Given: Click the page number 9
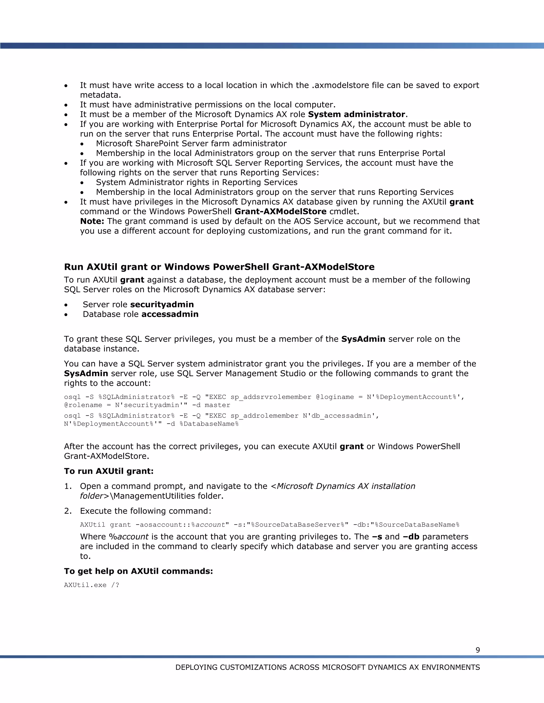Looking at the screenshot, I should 478,650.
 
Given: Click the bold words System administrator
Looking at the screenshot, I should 356,114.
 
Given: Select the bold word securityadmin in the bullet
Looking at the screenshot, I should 162,305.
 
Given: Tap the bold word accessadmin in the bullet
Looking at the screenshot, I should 170,314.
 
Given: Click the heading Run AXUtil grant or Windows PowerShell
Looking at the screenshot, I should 219,267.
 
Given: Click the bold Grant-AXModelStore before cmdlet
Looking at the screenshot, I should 280,211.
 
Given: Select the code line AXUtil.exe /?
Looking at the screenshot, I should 92,585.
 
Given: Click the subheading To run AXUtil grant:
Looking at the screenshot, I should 109,471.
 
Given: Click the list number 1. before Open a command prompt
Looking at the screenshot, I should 68,486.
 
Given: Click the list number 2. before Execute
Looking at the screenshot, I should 68,511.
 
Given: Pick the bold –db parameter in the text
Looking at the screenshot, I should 411,537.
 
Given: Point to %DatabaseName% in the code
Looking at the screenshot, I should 209,424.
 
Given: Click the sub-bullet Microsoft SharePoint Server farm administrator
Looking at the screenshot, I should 191,144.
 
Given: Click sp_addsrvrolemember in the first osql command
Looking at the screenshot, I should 271,397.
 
